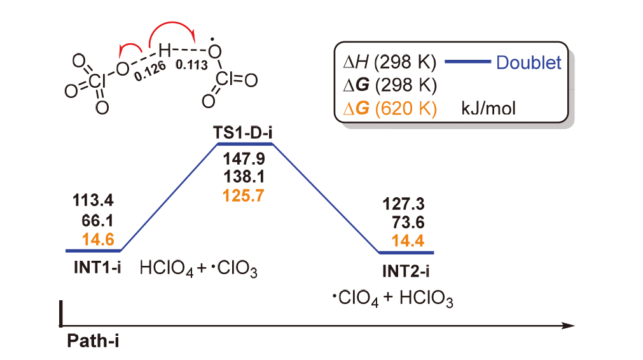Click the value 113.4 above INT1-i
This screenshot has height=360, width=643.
pos(94,203)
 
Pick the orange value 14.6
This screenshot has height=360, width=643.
pos(99,239)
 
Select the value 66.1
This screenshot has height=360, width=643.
pos(99,221)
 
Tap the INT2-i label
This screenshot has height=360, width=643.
pos(406,272)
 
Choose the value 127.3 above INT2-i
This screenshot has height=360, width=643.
pos(404,205)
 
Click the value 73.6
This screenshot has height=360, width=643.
pos(407,223)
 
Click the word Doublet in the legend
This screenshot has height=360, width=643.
pos(529,62)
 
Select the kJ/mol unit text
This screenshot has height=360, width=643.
pos(488,109)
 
